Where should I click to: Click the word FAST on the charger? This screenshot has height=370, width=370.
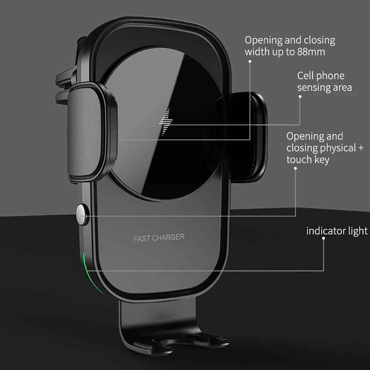coord(142,239)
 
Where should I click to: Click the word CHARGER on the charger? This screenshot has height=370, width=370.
coord(168,238)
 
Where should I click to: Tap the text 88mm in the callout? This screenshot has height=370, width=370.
coord(311,52)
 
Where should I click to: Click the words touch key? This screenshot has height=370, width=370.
coord(308,160)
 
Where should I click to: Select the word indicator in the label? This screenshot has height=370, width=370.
coord(326,231)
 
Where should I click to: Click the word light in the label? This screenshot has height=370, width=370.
coord(358,231)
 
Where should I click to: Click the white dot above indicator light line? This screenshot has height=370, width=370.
coord(323,238)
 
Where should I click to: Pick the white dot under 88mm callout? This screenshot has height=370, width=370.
coord(250,62)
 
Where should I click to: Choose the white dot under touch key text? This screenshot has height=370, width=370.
coord(296,168)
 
